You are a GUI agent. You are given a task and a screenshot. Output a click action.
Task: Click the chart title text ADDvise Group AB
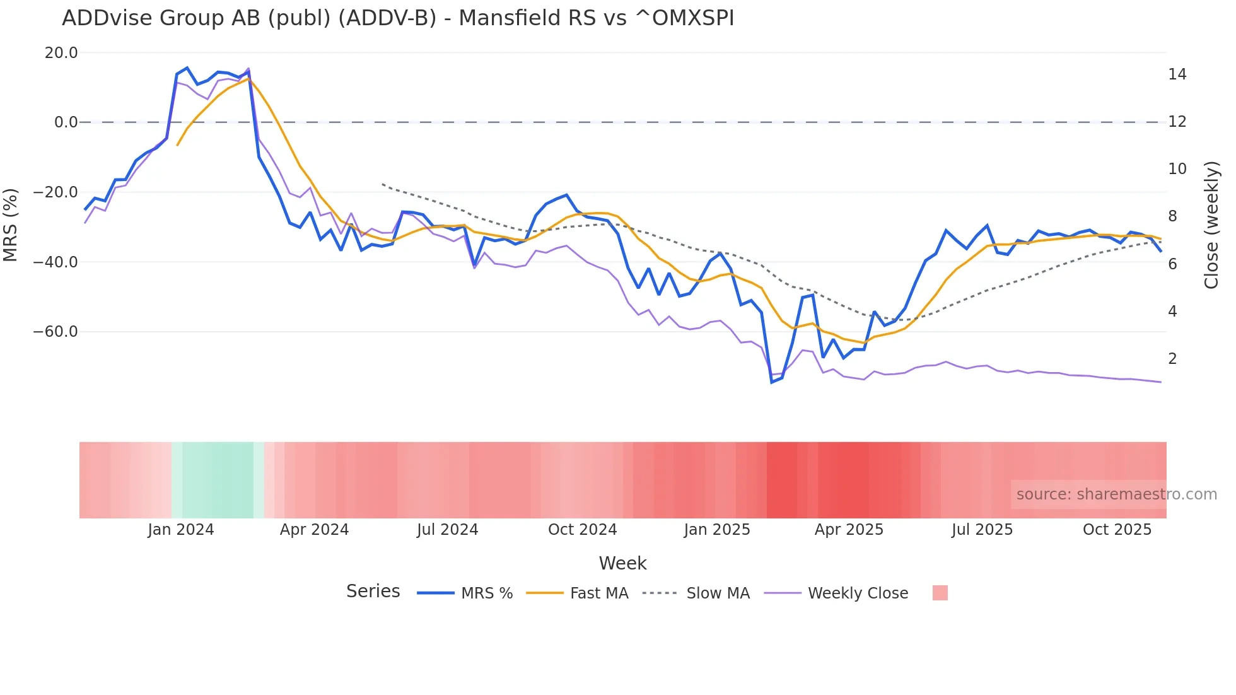(397, 18)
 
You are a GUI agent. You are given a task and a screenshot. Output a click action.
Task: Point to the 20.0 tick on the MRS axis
(61, 53)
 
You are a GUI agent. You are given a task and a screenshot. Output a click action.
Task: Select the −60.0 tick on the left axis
(55, 332)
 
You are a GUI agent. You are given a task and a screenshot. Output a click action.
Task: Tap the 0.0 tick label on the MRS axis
(66, 122)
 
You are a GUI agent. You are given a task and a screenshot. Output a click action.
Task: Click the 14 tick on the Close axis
(1177, 74)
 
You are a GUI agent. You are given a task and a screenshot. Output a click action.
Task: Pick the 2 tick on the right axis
(1172, 359)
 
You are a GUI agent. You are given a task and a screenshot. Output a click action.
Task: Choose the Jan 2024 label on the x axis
(181, 530)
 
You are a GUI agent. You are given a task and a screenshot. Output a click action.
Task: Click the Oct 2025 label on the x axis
(1117, 530)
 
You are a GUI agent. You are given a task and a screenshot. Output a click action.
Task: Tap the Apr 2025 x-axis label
(849, 530)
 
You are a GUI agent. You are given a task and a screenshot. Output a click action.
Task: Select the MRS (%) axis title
(11, 225)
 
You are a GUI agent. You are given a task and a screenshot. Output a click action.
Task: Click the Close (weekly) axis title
(1211, 225)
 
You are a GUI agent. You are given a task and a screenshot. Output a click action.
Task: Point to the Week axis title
(622, 563)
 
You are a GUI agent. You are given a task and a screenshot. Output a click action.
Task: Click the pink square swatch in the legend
(940, 593)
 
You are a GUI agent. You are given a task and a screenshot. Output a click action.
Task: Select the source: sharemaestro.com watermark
(1116, 494)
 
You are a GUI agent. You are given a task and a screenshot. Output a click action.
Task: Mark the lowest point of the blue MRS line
(772, 382)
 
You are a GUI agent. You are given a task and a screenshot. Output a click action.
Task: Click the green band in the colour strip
(218, 480)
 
